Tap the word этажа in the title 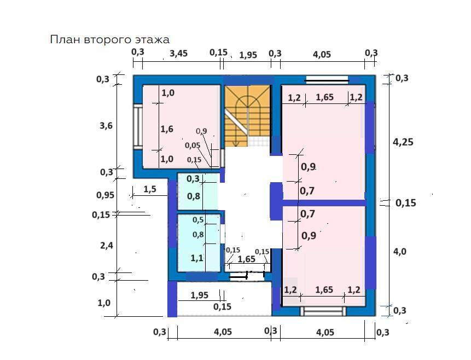point(154,39)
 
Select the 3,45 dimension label point(179,53)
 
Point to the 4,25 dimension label point(403,142)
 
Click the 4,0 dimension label point(400,252)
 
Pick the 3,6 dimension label point(106,125)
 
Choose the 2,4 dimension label point(106,246)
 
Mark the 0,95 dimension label point(105,195)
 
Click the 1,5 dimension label point(150,189)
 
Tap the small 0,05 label point(192,146)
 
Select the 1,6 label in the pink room point(167,129)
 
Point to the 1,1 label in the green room point(197,257)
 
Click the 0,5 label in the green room point(197,220)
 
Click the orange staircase point(248,112)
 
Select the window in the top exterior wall point(327,80)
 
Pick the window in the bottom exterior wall point(324,311)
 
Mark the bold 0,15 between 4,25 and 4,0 point(405,202)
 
